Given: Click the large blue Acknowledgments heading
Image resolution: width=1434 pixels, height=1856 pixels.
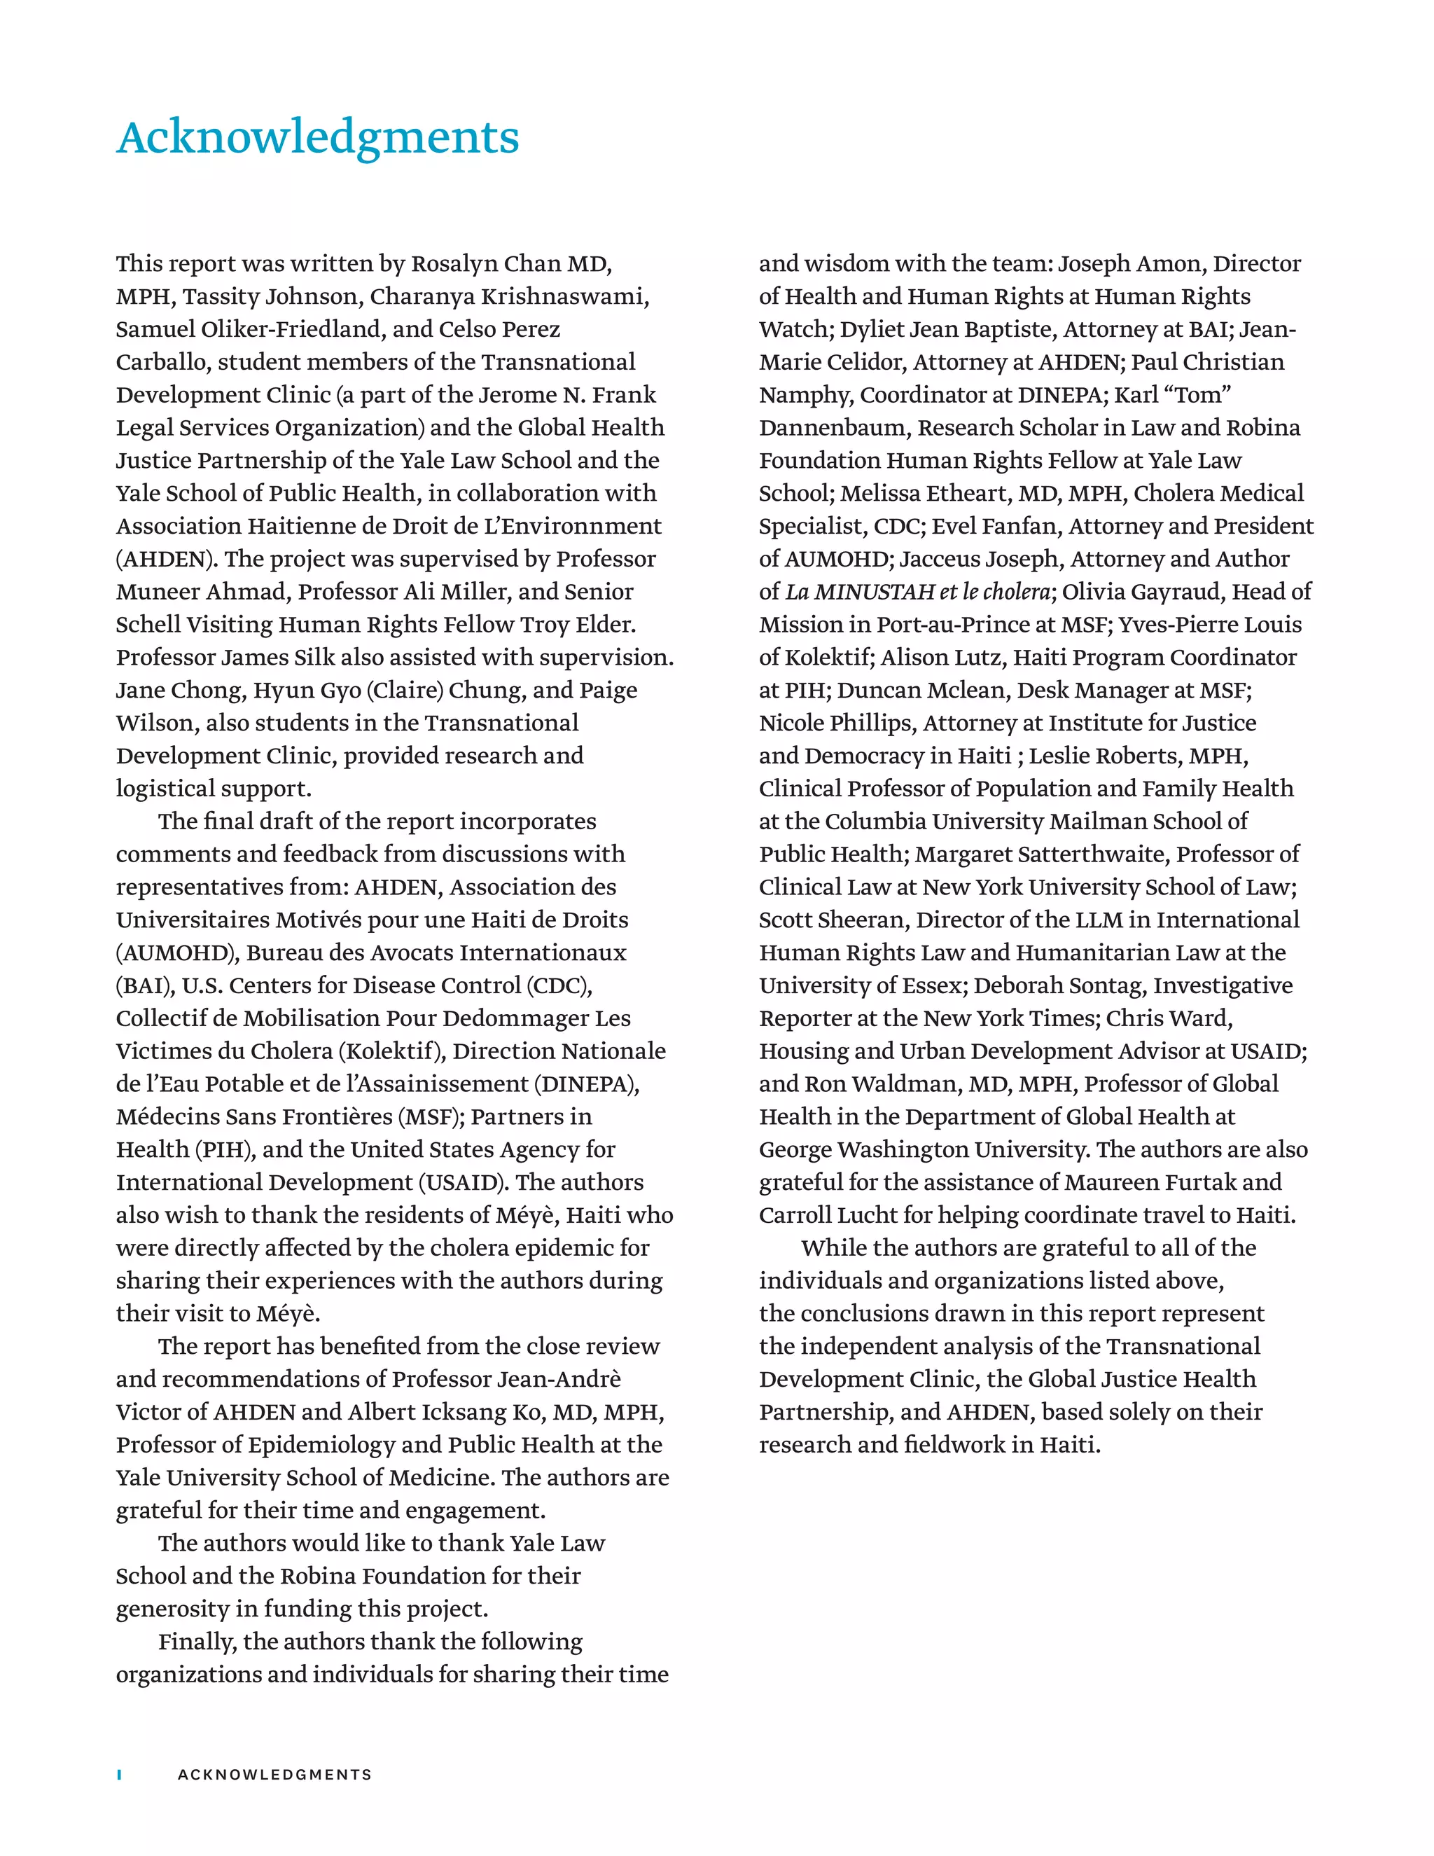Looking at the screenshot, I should point(318,138).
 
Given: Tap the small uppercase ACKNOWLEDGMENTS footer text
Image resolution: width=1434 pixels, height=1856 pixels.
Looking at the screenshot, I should point(274,1775).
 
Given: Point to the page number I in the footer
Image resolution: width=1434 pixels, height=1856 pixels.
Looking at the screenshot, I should point(120,1775).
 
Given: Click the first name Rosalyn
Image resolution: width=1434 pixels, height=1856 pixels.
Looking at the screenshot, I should point(454,263).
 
